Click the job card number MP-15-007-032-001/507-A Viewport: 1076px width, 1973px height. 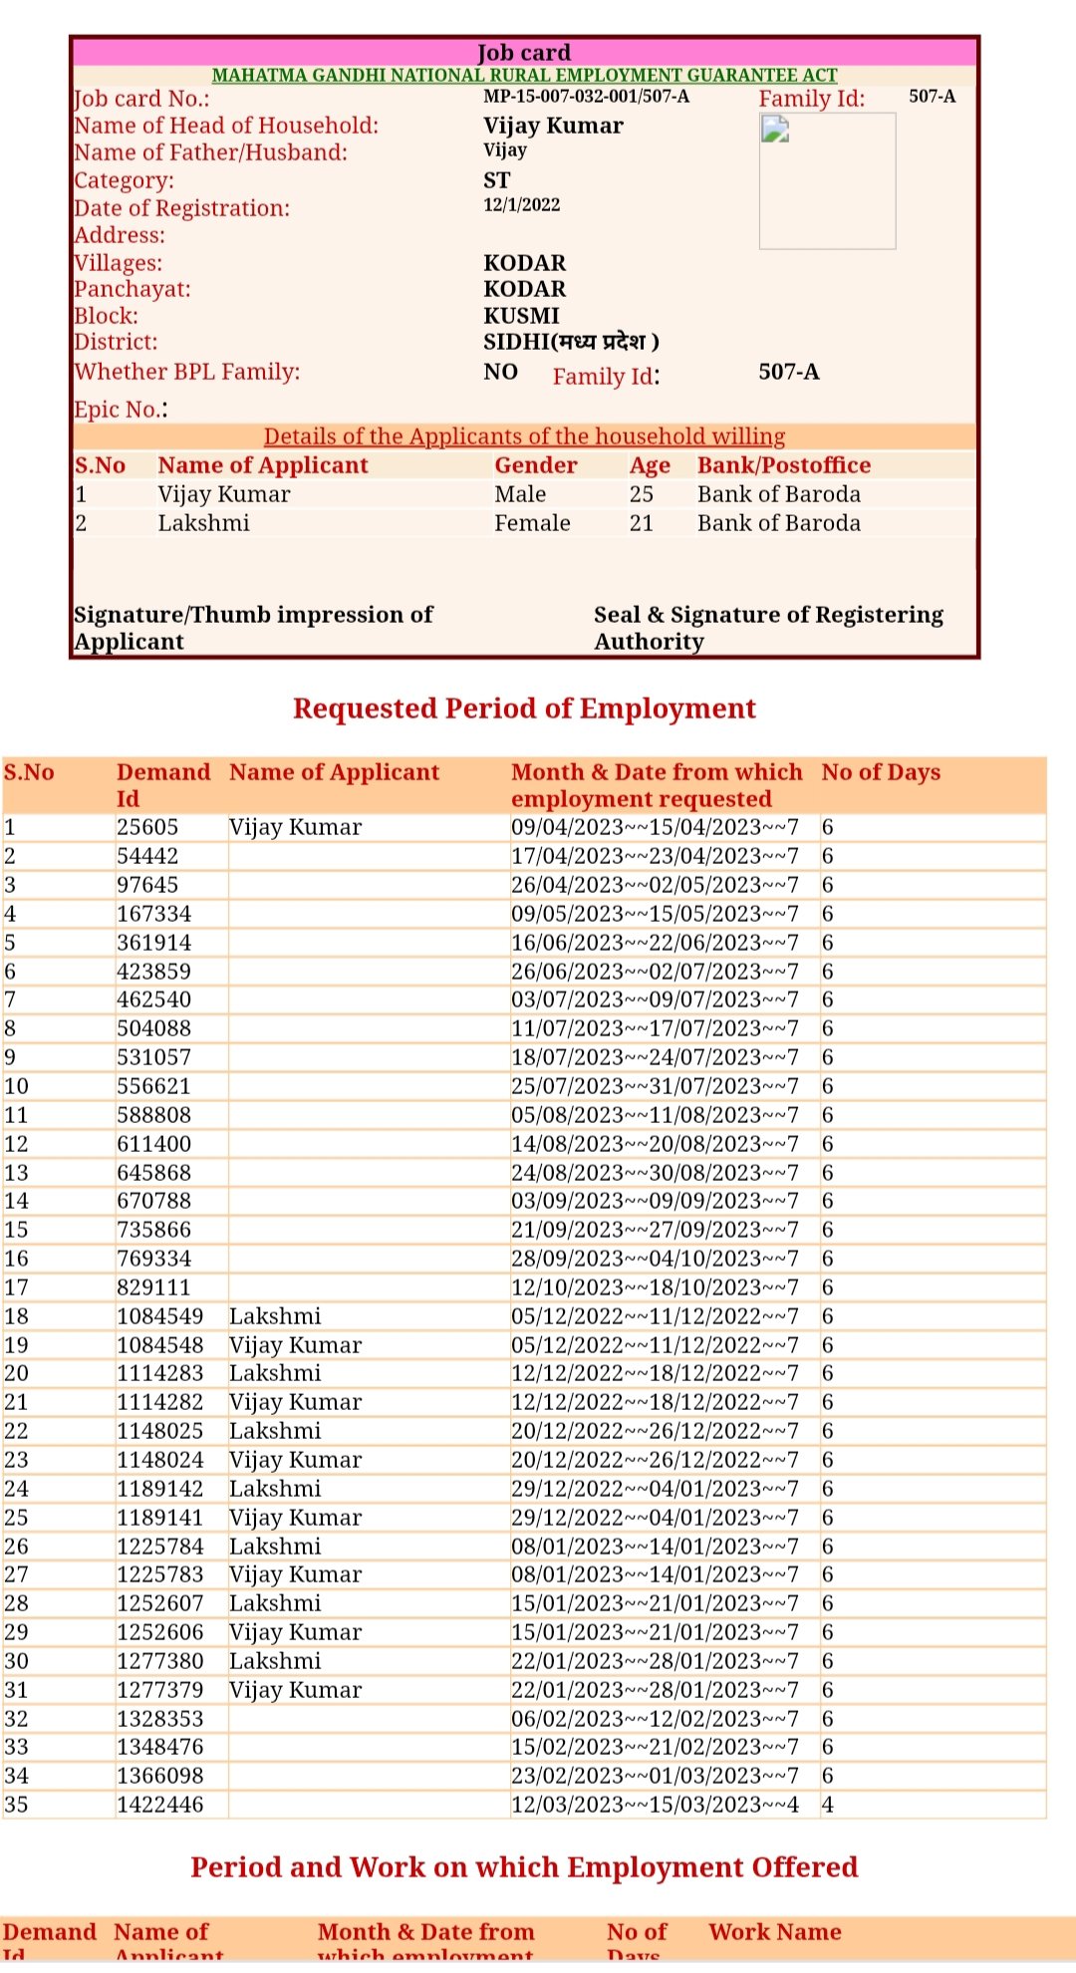point(586,97)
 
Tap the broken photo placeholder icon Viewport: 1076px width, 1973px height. point(775,130)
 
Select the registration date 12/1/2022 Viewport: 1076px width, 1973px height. point(521,205)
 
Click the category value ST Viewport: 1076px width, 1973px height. point(496,180)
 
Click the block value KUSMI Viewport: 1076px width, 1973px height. point(521,316)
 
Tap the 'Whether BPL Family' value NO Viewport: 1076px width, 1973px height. point(500,372)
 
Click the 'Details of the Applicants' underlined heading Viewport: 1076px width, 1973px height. point(524,436)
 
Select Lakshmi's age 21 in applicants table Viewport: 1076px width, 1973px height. point(641,523)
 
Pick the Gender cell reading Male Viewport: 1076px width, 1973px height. point(520,494)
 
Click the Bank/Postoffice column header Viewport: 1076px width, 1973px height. point(783,465)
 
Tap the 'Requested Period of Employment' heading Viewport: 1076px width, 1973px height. point(524,708)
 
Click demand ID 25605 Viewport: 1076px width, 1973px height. point(147,827)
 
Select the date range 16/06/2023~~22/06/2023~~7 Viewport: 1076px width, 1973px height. point(655,943)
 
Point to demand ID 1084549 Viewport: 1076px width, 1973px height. point(159,1316)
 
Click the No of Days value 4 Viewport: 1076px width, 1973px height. point(828,1805)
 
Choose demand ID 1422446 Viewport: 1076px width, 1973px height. point(159,1805)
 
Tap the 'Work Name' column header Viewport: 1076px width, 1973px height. point(774,1932)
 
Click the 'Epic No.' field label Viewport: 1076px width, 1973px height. point(121,410)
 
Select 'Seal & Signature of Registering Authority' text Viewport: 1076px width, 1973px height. point(767,628)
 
